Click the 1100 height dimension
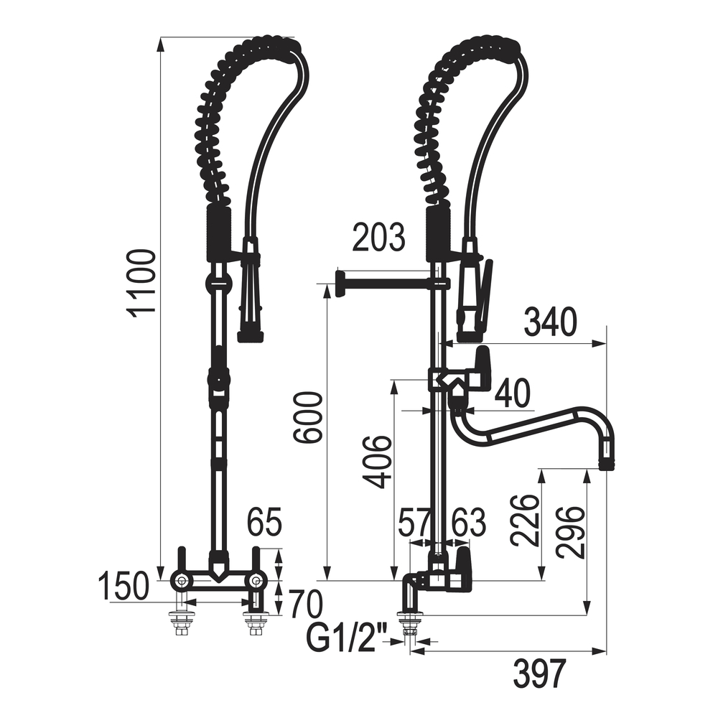(x=141, y=283)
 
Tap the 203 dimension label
(x=378, y=237)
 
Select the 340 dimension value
(x=550, y=322)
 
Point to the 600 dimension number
(x=308, y=417)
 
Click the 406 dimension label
(x=377, y=462)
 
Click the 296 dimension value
(x=571, y=532)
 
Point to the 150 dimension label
(x=123, y=586)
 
